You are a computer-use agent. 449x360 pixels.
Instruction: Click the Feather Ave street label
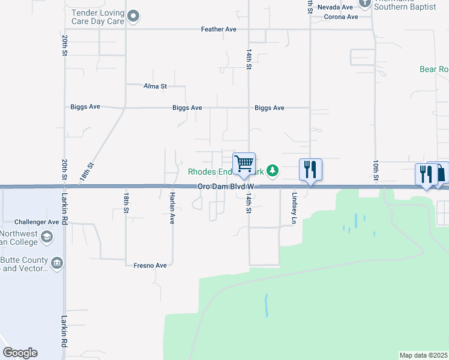(219, 29)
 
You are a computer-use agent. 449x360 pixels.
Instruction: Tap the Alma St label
(155, 86)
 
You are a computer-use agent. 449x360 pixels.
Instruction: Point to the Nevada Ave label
(336, 7)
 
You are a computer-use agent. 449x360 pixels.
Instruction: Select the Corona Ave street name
(340, 17)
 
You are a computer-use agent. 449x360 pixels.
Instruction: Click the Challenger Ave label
(37, 221)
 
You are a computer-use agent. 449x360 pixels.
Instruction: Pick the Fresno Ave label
(150, 265)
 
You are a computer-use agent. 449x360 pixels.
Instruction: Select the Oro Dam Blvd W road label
(227, 187)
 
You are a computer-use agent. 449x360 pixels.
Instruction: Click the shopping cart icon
(244, 163)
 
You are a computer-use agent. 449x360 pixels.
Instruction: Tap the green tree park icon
(273, 172)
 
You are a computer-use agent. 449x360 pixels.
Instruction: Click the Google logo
(20, 353)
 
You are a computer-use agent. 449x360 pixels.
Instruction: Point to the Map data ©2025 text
(424, 355)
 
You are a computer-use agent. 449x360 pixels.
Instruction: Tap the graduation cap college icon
(46, 238)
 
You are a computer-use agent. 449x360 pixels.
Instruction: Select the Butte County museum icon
(57, 262)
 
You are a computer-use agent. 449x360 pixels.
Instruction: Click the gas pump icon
(441, 173)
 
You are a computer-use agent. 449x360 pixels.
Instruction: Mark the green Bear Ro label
(434, 70)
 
